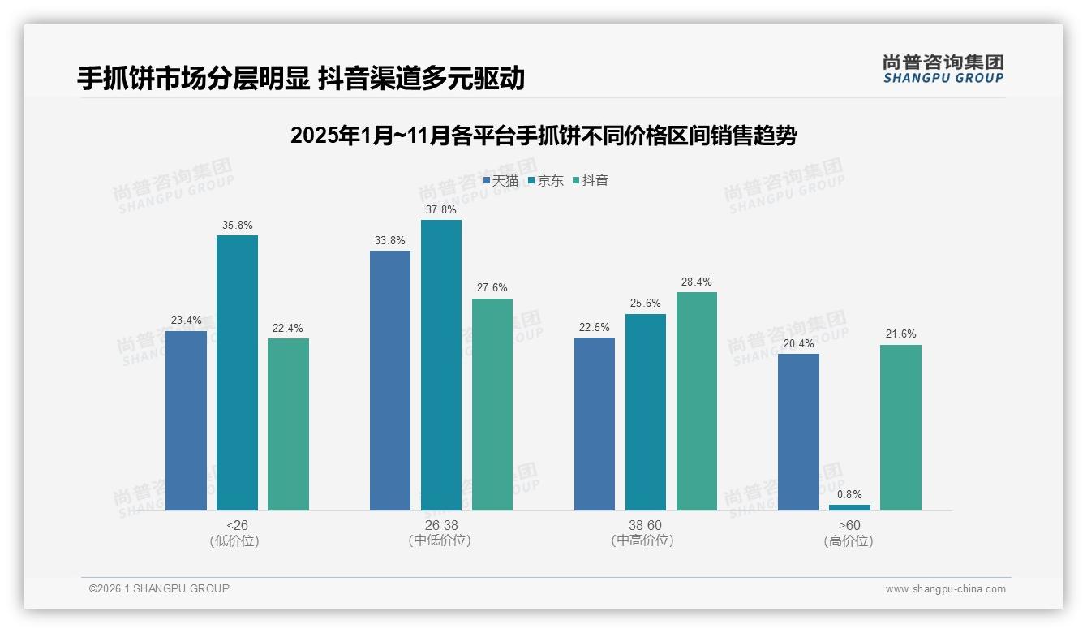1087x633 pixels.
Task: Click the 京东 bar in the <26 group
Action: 237,372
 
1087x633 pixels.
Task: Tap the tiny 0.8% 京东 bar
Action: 849,507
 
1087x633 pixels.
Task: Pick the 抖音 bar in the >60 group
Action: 900,428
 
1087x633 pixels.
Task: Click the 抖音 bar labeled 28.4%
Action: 697,401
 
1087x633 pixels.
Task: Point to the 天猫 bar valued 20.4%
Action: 798,432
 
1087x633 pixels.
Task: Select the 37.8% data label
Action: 441,209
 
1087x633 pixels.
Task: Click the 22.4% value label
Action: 288,328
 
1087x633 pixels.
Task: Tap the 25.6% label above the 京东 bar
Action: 646,304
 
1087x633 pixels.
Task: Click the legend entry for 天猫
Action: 501,180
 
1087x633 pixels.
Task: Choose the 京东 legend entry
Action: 547,180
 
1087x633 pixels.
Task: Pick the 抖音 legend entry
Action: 591,180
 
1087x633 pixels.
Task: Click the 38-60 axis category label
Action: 645,525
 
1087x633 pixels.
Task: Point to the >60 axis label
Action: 849,525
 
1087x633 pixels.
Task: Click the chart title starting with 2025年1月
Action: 543,135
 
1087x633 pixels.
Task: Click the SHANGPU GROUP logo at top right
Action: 943,69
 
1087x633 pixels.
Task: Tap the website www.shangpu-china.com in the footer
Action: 945,589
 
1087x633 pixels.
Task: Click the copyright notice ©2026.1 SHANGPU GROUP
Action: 159,588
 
